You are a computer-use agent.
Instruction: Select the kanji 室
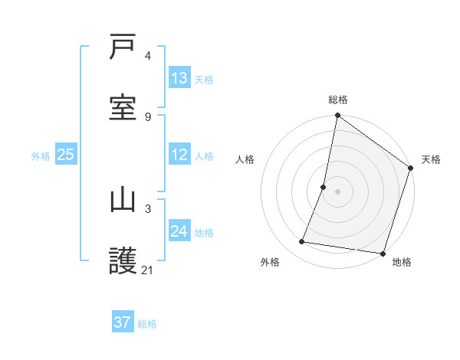click(x=123, y=108)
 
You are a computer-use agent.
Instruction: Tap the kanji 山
click(x=123, y=200)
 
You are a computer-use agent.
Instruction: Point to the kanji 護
click(x=123, y=261)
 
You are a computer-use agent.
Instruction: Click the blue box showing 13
click(x=179, y=77)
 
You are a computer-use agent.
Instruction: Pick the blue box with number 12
click(x=179, y=155)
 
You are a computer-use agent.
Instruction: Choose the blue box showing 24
click(x=179, y=231)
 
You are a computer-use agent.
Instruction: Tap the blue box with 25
click(x=66, y=155)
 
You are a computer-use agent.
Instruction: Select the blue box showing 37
click(x=123, y=322)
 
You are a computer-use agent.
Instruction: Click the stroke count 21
click(x=148, y=270)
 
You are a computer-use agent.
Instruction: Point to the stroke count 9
click(x=148, y=117)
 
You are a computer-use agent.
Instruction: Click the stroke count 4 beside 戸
click(x=148, y=56)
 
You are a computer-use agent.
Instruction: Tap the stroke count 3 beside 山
click(x=148, y=208)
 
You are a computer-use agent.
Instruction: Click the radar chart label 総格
click(x=338, y=100)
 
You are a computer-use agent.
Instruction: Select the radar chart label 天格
click(x=431, y=159)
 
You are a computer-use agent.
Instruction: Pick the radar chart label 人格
click(x=245, y=159)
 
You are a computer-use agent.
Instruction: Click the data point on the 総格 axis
click(x=337, y=116)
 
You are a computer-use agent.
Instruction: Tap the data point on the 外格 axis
click(x=302, y=242)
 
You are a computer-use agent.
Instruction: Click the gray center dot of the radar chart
click(x=337, y=191)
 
